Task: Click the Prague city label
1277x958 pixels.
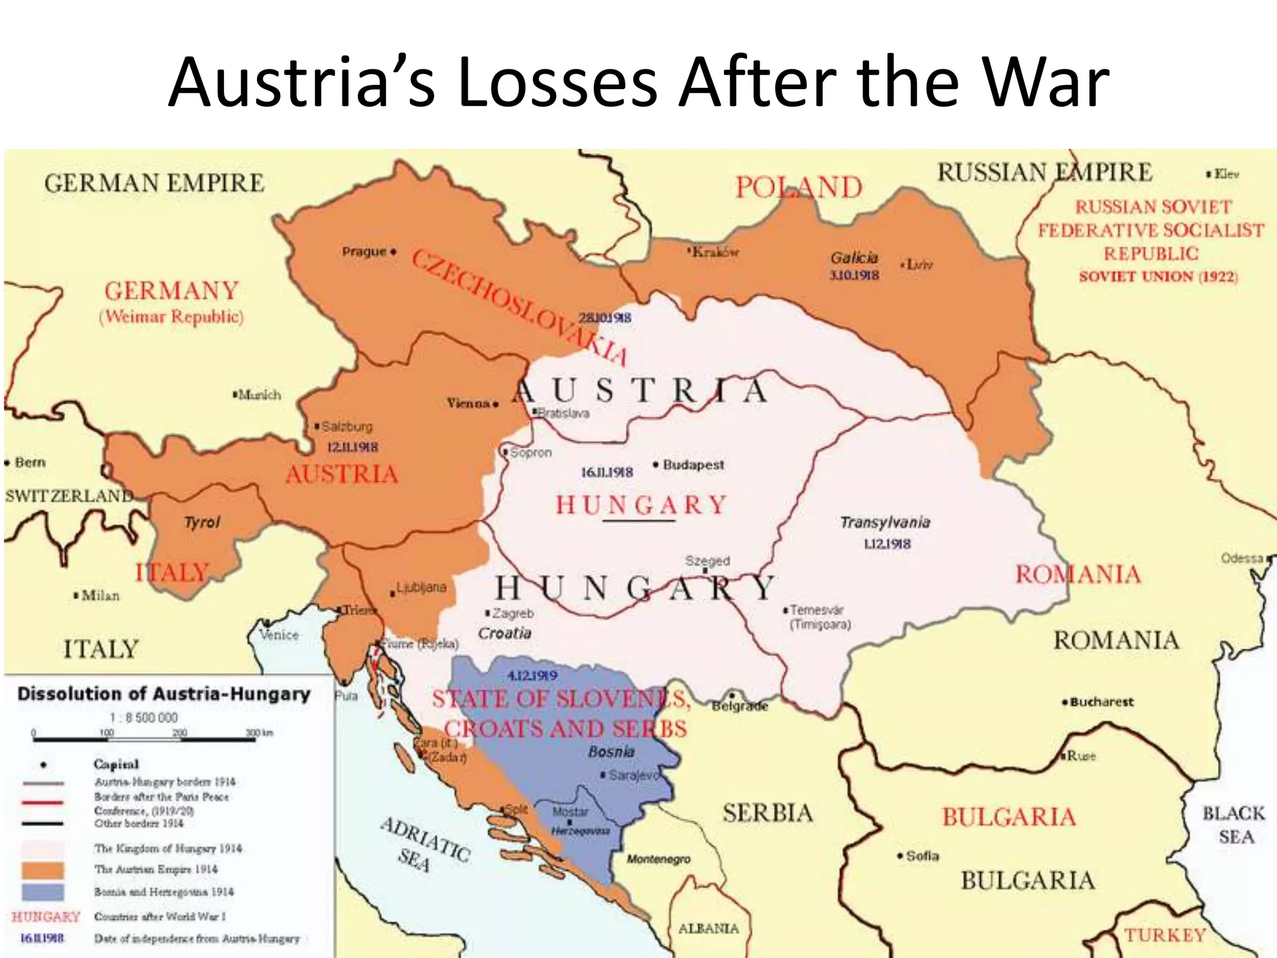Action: pos(364,252)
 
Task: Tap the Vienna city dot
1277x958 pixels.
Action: pos(496,404)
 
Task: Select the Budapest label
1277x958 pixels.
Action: pos(693,465)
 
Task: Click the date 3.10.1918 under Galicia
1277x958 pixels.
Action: pos(854,275)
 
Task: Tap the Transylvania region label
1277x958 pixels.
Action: pos(885,522)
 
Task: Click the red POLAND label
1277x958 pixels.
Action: pos(799,187)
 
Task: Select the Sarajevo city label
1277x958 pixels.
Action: pos(634,775)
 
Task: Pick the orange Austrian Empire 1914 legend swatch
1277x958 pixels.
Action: pos(42,870)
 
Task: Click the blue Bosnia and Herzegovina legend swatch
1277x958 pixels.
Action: pos(42,892)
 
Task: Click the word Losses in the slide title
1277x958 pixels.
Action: pos(556,83)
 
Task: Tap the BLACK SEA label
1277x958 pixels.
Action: pos(1234,825)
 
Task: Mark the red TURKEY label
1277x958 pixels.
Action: pos(1165,936)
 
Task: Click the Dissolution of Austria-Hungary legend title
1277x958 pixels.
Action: pos(163,694)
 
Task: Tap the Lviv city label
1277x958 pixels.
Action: pos(920,264)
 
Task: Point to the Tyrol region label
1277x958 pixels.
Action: pos(202,522)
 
